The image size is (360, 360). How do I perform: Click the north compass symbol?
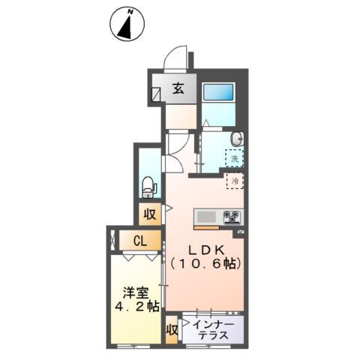[128, 24]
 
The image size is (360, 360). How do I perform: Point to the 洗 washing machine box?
[235, 158]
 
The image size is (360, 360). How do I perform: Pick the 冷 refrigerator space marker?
[234, 181]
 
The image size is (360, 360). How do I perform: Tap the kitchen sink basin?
[205, 217]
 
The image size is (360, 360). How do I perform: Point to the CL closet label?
[139, 241]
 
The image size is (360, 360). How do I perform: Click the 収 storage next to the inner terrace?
[172, 331]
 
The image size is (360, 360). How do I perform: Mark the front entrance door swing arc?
[177, 58]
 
